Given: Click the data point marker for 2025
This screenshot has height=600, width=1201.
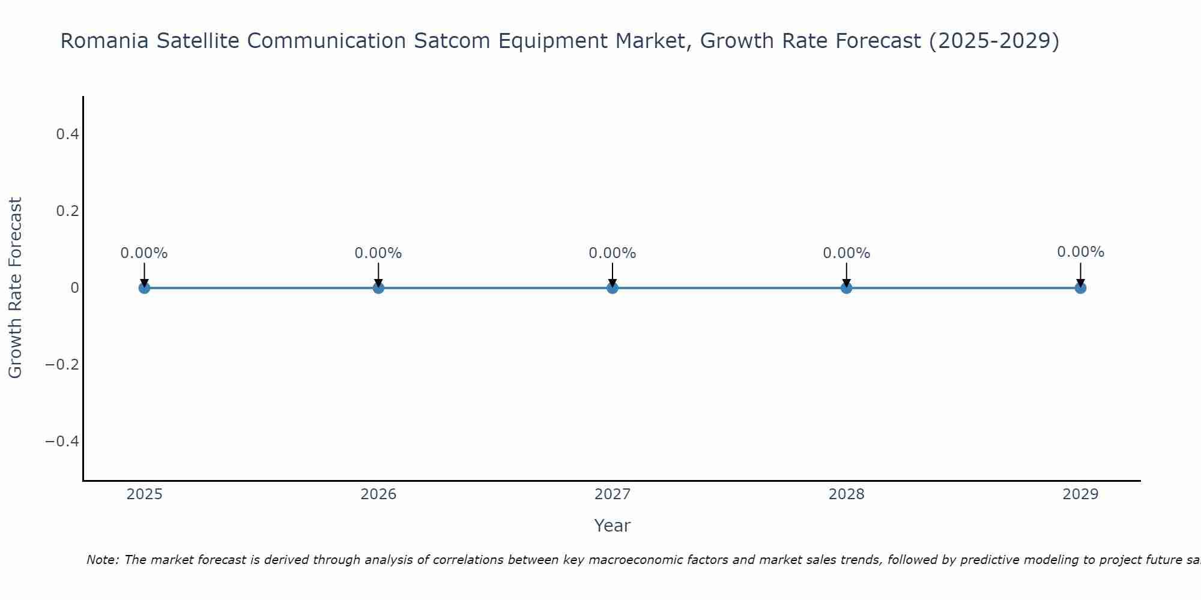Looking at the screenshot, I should tap(144, 288).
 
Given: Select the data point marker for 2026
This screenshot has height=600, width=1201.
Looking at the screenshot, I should tap(378, 288).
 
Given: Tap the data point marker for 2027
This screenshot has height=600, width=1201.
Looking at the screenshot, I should tap(613, 288).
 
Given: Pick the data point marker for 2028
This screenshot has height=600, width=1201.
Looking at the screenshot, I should tap(846, 288).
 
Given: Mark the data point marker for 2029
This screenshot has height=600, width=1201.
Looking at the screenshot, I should tap(1080, 288).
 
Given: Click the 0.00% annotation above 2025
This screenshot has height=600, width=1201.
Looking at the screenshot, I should tap(144, 253).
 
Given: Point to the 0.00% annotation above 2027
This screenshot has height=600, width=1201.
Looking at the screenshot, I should tap(613, 253).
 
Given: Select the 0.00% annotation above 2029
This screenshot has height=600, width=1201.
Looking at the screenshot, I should tap(1080, 252).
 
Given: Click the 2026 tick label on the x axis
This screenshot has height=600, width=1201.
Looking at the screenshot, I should tap(378, 494).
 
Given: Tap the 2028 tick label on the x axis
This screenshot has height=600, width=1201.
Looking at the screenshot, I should tap(846, 494).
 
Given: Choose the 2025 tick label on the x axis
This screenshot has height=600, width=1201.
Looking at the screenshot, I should tap(145, 494).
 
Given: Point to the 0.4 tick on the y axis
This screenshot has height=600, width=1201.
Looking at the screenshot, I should tap(67, 134).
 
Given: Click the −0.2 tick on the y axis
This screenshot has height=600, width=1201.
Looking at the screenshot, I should tap(62, 365).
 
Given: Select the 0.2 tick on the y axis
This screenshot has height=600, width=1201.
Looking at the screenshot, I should tap(67, 211).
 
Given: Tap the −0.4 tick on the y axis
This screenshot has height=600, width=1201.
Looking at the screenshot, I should tap(62, 442).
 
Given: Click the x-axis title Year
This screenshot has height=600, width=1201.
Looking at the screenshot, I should tap(612, 526).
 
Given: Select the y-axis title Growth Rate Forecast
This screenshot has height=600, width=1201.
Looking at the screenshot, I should tap(15, 288).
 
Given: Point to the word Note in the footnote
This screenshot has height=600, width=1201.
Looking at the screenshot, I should tap(102, 560).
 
